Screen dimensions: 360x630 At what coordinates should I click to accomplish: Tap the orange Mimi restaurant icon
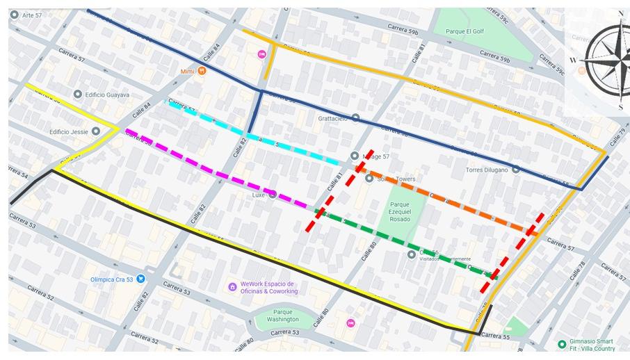(202, 70)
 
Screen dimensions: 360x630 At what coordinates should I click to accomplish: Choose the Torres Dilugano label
(487, 169)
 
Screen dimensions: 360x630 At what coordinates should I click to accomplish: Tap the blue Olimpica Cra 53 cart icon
(141, 279)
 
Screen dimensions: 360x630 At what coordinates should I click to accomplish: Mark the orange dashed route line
(445, 198)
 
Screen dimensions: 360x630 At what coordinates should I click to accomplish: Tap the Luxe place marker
(273, 195)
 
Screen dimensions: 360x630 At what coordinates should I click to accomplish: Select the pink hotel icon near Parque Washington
(350, 323)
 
